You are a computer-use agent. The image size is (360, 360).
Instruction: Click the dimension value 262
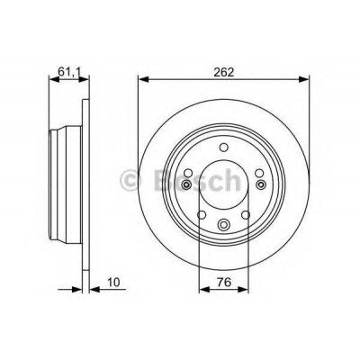[x=223, y=72]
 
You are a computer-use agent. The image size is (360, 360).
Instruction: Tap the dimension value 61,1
[x=69, y=72]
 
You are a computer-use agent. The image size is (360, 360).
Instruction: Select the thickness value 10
[x=113, y=282]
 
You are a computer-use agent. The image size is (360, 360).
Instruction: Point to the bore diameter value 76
[x=224, y=282]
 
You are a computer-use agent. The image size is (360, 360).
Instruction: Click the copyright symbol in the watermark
[x=130, y=181]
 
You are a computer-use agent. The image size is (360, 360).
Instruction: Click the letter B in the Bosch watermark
[x=161, y=180]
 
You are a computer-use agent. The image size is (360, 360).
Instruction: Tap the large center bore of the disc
[x=223, y=184]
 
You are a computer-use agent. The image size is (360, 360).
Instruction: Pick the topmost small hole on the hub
[x=223, y=148]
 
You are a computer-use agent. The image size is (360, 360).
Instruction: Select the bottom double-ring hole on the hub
[x=223, y=224]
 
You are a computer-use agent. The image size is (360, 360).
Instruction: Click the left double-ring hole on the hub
[x=186, y=184]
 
